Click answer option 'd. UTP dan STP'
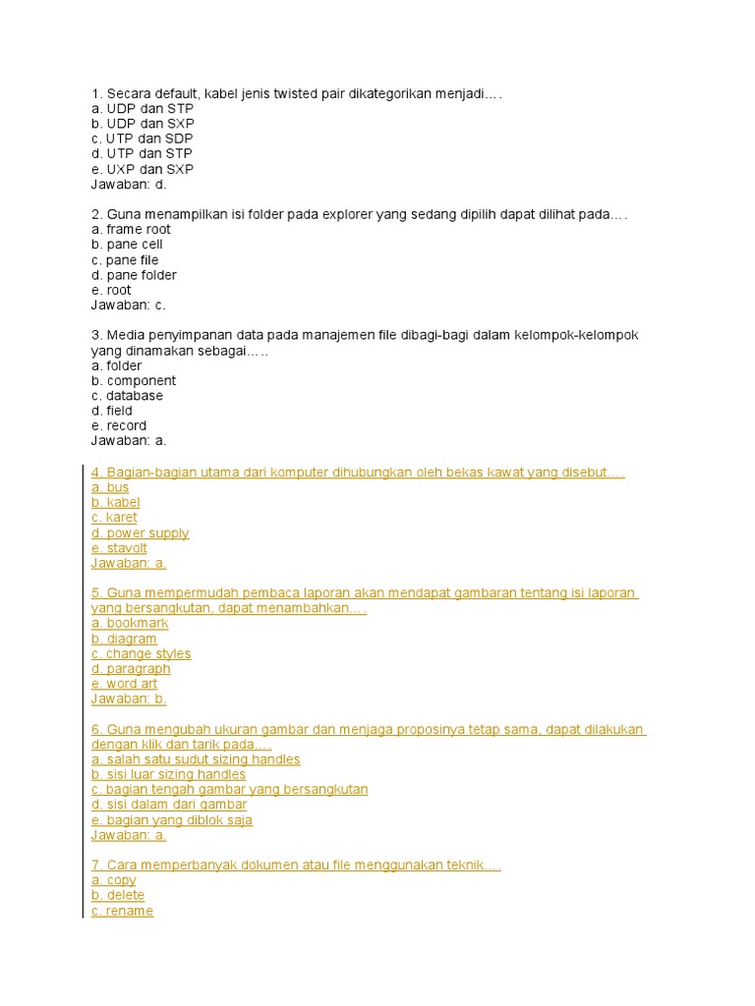[141, 153]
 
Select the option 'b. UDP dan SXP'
[142, 123]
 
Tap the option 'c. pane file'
[125, 259]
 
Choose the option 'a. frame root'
[131, 229]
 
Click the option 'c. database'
[127, 395]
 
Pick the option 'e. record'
[119, 425]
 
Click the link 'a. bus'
[110, 487]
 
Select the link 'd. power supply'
[140, 532]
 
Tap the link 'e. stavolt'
[119, 548]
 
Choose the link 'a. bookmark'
[130, 623]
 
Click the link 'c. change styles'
[141, 653]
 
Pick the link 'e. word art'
[124, 684]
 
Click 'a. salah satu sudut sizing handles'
[196, 759]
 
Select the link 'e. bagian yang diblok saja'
[171, 819]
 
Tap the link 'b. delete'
[118, 895]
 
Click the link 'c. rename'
[122, 911]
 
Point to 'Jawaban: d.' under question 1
[129, 184]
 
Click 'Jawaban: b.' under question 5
[129, 699]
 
